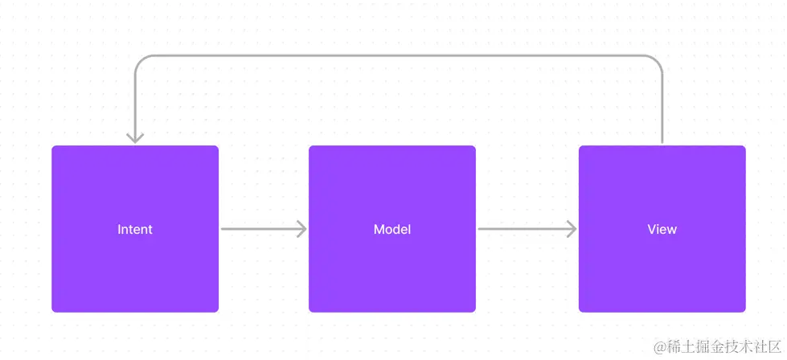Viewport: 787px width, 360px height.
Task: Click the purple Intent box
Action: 135,229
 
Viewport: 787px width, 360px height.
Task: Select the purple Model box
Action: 392,229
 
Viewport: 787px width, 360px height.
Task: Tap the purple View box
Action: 662,229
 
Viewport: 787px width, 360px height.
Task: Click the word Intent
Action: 135,229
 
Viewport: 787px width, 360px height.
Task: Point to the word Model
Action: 392,229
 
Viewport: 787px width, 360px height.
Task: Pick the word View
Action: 662,229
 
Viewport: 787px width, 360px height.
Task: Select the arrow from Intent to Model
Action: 264,229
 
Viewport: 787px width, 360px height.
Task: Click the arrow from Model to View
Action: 527,229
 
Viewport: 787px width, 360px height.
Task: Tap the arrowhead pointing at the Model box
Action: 301,229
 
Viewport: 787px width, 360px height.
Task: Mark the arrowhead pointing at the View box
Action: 572,229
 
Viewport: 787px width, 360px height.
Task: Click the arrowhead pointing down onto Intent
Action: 135,138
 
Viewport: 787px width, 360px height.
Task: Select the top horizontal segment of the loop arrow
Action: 399,55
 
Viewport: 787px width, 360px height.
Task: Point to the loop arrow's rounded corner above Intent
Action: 140,60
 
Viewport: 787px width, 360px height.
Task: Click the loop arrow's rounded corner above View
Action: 657,60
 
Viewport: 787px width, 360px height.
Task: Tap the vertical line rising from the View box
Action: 662,108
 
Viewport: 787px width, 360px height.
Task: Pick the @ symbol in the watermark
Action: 659,347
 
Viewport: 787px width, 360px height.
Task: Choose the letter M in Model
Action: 379,229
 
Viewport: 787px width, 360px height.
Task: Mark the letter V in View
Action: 653,229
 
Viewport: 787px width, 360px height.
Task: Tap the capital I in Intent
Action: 119,229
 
